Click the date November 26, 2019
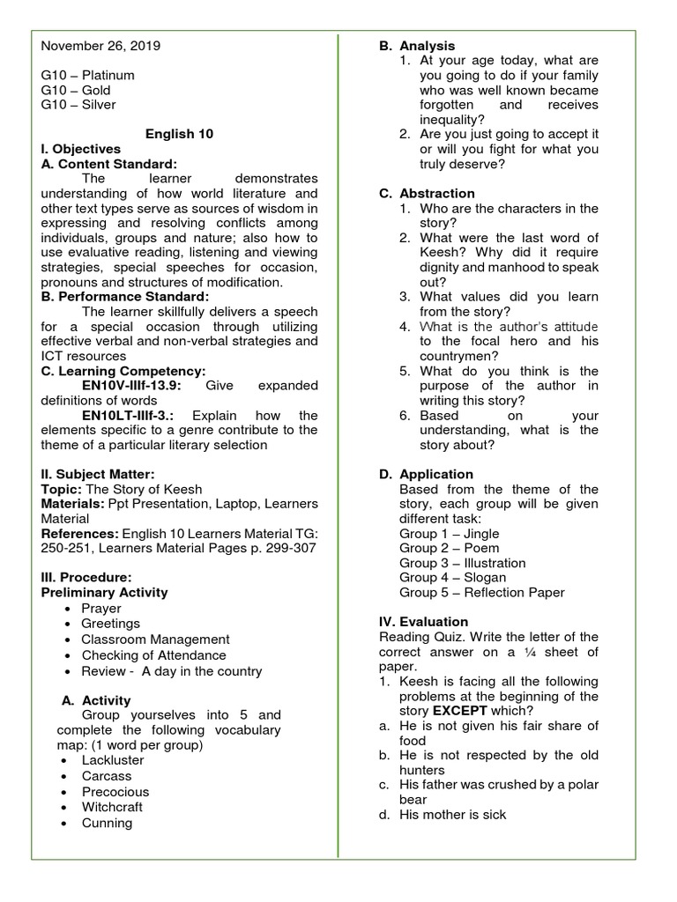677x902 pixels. point(100,46)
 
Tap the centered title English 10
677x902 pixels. point(179,134)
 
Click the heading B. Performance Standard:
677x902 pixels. point(125,297)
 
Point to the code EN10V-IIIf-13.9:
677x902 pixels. point(131,386)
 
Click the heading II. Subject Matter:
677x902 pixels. point(98,475)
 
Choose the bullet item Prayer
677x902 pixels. point(101,609)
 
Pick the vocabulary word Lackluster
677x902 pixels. point(112,760)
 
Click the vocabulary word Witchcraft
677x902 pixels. point(112,807)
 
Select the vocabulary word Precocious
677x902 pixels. point(115,792)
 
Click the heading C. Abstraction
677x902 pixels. point(427,194)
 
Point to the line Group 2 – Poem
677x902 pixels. point(449,548)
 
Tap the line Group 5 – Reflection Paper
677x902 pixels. point(481,593)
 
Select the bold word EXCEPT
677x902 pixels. point(459,711)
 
